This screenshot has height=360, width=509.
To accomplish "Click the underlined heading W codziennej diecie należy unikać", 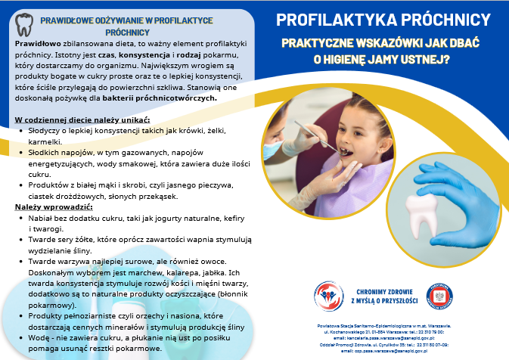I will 82,119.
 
